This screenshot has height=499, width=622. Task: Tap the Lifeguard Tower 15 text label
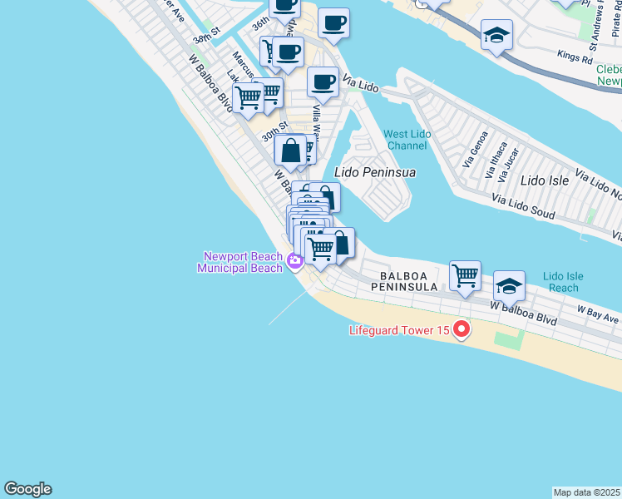[x=399, y=330]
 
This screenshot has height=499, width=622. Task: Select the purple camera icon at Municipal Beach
[x=294, y=263]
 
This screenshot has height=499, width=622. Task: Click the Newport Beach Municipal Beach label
[x=239, y=262]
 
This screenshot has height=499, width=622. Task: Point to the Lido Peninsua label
[x=374, y=172]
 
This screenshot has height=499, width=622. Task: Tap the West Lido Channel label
[x=405, y=140]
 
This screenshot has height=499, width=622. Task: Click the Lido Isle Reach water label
[x=564, y=282]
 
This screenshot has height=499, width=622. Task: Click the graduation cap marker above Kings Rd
[x=496, y=34]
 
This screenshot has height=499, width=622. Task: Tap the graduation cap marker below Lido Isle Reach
[x=508, y=287]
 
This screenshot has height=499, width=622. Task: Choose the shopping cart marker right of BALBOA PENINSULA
[x=465, y=275]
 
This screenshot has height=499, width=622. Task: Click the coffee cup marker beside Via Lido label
[x=323, y=82]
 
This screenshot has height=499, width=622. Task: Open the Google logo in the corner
[x=27, y=489]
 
